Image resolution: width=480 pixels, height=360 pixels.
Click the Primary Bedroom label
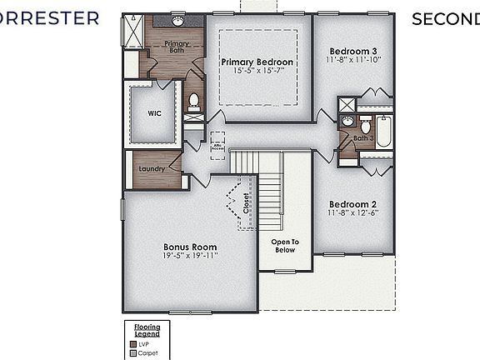pyautogui.click(x=257, y=62)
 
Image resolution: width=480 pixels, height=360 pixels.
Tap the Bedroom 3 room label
pyautogui.click(x=353, y=49)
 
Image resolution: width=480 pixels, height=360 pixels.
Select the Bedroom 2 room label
pyautogui.click(x=353, y=204)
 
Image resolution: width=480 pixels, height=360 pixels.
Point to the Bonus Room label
pyautogui.click(x=190, y=247)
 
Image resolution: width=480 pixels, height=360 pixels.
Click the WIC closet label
pyautogui.click(x=154, y=114)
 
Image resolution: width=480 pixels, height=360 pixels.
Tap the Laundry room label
pyautogui.click(x=151, y=169)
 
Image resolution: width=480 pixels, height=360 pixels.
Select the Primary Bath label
pyautogui.click(x=176, y=47)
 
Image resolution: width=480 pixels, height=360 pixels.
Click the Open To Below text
pyautogui.click(x=284, y=246)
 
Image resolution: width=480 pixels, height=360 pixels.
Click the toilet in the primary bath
pyautogui.click(x=193, y=102)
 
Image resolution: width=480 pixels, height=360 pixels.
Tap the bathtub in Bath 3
pyautogui.click(x=383, y=132)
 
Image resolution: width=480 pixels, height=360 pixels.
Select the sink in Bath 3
pyautogui.click(x=347, y=122)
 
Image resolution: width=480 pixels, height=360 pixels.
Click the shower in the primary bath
pyautogui.click(x=132, y=32)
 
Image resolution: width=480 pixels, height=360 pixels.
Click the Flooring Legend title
pyautogui.click(x=147, y=329)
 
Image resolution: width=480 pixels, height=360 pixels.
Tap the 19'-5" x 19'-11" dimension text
pyautogui.click(x=190, y=257)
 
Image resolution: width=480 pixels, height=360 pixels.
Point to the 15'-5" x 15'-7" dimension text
pyautogui.click(x=257, y=72)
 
